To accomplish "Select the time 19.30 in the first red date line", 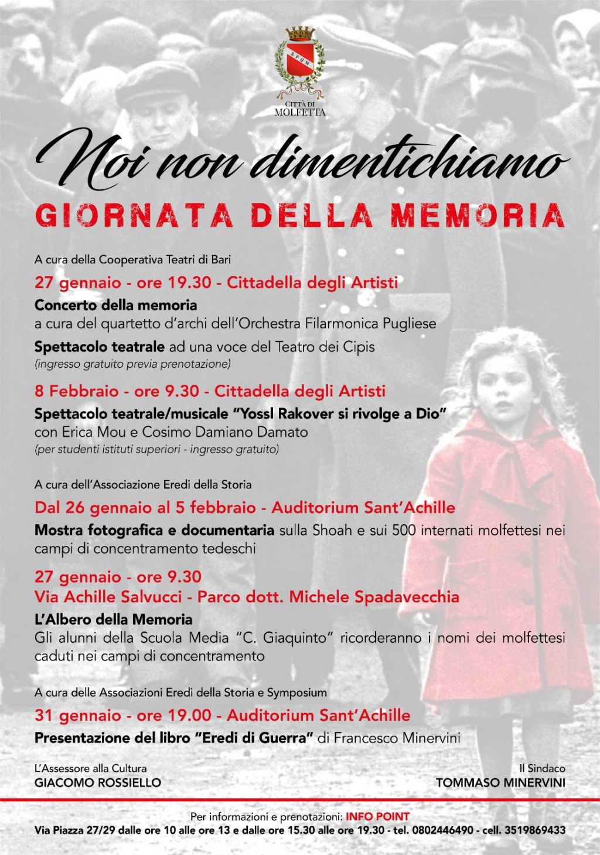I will pyautogui.click(x=189, y=283).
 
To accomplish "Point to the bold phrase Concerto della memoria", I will pyautogui.click(x=115, y=305).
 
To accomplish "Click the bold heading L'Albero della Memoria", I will pyautogui.click(x=113, y=619).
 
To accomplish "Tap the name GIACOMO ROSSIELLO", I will pyautogui.click(x=98, y=782).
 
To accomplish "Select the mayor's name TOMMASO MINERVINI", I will pyautogui.click(x=500, y=782).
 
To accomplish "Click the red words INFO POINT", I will pyautogui.click(x=377, y=816).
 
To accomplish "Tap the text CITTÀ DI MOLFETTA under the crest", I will pyautogui.click(x=299, y=108).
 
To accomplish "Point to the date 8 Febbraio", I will pyautogui.click(x=76, y=391).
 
